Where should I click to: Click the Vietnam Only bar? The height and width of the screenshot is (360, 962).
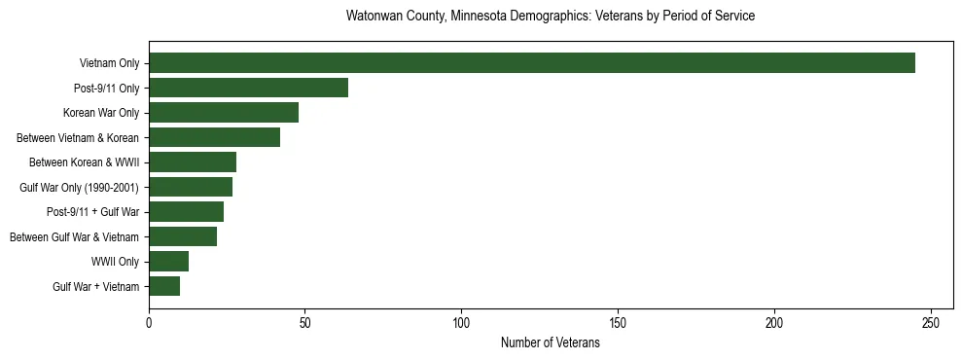click(x=532, y=63)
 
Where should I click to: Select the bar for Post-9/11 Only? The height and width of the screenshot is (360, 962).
click(x=248, y=88)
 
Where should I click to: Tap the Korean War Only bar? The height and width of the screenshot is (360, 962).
click(x=224, y=113)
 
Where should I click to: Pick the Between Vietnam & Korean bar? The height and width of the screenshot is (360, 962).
click(x=214, y=137)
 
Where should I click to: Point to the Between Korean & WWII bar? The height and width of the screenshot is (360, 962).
click(x=193, y=162)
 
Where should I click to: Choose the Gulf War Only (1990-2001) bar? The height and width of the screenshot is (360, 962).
click(x=191, y=187)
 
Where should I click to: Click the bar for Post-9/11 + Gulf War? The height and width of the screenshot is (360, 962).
click(x=186, y=212)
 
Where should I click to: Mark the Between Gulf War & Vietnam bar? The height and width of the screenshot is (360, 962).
click(x=183, y=236)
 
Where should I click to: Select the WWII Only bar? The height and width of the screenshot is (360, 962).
click(x=168, y=262)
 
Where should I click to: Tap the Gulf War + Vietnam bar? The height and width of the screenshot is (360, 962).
click(x=164, y=286)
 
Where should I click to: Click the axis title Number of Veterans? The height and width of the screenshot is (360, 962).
click(x=550, y=343)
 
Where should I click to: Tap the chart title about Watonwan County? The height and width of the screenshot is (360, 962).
click(x=550, y=17)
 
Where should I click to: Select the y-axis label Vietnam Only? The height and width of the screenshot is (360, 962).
click(x=109, y=63)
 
